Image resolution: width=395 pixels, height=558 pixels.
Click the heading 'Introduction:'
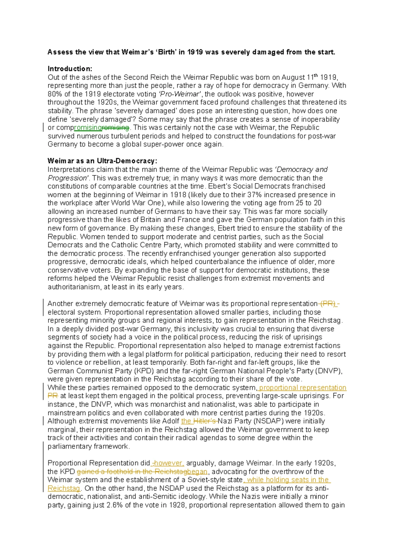click(70, 69)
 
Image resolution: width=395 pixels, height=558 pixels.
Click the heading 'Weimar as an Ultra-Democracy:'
click(102, 161)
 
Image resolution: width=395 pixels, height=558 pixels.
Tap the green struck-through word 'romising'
click(116, 128)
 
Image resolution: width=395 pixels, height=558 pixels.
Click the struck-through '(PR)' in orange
click(328, 304)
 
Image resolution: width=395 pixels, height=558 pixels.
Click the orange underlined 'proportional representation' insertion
click(303, 388)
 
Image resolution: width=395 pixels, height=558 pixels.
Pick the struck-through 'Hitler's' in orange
click(204, 421)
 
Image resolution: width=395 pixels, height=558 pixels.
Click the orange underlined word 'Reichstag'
click(64, 488)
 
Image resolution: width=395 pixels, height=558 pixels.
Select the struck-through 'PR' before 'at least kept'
click(53, 396)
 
